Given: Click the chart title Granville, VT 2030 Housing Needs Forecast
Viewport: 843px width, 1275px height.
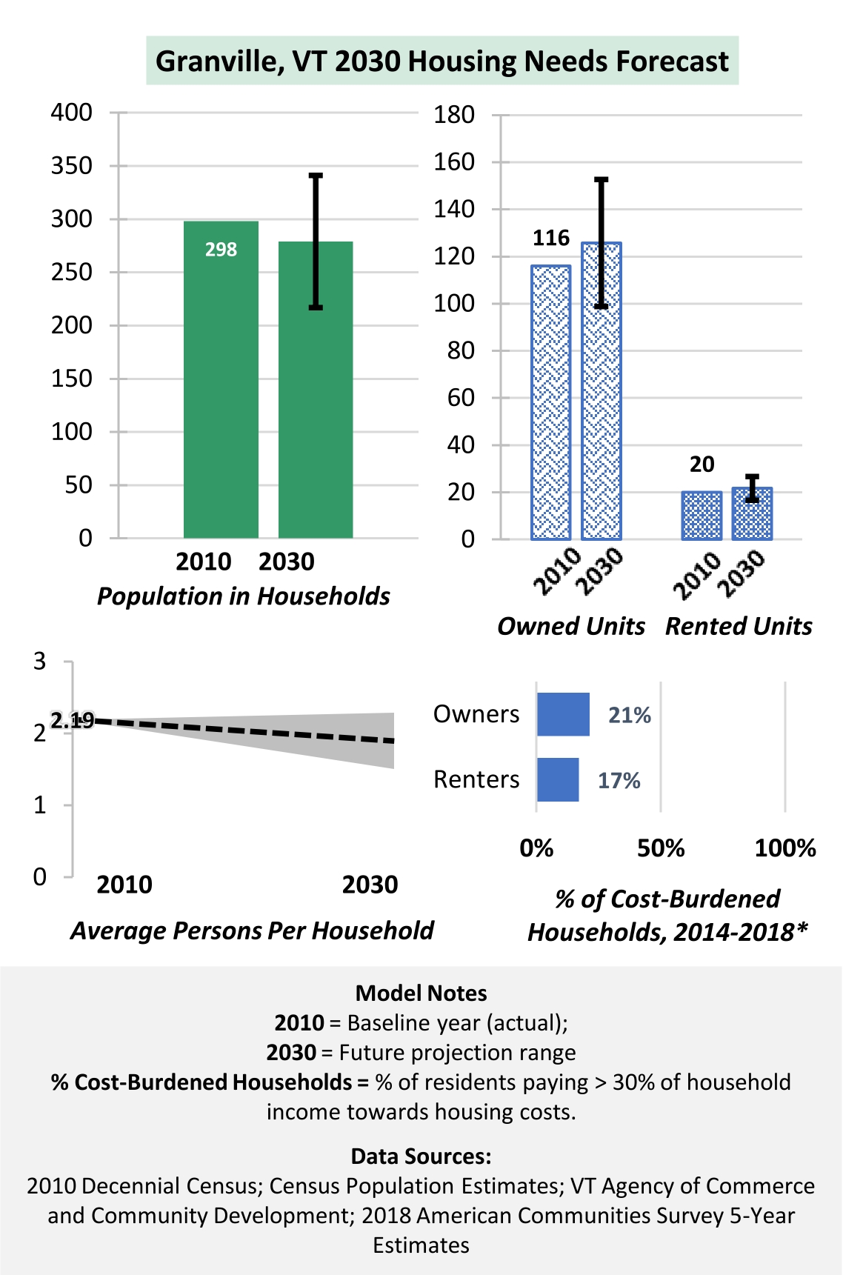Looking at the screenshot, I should pyautogui.click(x=442, y=61).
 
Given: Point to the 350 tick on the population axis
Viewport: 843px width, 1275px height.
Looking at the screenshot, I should pyautogui.click(x=72, y=165).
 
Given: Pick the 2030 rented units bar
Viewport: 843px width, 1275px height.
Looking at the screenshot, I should pyautogui.click(x=752, y=514).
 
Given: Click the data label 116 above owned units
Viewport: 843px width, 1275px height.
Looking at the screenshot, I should pyautogui.click(x=551, y=238).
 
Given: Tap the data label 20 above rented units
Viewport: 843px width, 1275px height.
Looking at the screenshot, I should pyautogui.click(x=702, y=465).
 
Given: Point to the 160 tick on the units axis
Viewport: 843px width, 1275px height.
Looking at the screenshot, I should pyautogui.click(x=454, y=162).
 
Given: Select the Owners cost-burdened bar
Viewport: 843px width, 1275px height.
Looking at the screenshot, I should pyautogui.click(x=563, y=715).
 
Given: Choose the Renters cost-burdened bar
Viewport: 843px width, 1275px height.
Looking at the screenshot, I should pyautogui.click(x=558, y=779).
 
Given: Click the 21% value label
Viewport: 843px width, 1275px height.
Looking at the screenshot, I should pyautogui.click(x=630, y=715).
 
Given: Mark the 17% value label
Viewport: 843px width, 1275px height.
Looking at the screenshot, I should pyautogui.click(x=619, y=780).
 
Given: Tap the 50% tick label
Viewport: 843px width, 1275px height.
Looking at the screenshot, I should pyautogui.click(x=661, y=848).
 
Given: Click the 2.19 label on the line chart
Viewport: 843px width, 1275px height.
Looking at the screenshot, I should pyautogui.click(x=73, y=720).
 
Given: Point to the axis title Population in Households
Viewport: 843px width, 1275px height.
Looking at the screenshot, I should pyautogui.click(x=244, y=596).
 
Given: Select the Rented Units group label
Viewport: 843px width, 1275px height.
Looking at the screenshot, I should pyautogui.click(x=739, y=626).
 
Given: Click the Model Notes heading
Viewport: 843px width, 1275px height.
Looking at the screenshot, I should pyautogui.click(x=421, y=993).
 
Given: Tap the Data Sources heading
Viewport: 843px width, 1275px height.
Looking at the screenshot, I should pyautogui.click(x=421, y=1156).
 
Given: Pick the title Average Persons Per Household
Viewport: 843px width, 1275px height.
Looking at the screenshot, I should pyautogui.click(x=252, y=931).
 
